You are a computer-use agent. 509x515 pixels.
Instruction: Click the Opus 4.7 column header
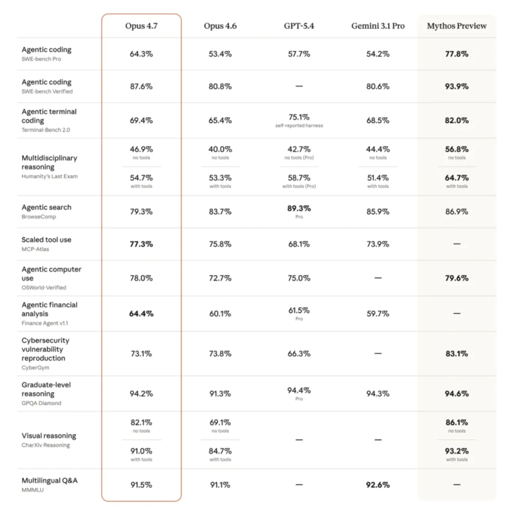click(141, 26)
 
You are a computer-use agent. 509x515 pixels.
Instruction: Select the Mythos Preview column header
click(456, 26)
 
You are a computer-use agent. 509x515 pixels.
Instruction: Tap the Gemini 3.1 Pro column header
click(378, 26)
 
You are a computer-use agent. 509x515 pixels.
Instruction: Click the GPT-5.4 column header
click(299, 26)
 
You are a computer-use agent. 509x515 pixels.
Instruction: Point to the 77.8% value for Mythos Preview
click(456, 53)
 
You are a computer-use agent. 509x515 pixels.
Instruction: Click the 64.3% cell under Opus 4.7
click(141, 53)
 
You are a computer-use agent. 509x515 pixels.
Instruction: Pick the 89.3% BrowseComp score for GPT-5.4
click(299, 208)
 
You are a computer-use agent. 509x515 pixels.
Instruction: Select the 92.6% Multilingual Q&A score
click(378, 485)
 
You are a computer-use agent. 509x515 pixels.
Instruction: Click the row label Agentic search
click(46, 207)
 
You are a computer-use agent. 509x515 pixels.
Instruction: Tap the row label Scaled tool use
click(46, 240)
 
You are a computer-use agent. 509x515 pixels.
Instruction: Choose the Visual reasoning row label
click(49, 436)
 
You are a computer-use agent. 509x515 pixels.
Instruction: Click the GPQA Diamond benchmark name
click(41, 403)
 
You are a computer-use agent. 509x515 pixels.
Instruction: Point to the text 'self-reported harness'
click(299, 126)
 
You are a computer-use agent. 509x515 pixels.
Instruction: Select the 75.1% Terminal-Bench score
click(299, 117)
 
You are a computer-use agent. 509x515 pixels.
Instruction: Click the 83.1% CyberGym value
click(456, 353)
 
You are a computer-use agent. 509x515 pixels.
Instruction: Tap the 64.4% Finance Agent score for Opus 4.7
click(141, 313)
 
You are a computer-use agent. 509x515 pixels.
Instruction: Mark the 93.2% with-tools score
click(456, 451)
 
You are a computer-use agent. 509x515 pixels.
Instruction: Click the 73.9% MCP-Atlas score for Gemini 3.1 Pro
click(378, 244)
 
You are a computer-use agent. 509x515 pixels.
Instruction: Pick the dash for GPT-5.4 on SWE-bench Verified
click(299, 86)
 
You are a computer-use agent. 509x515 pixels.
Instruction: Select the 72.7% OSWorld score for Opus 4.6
click(220, 278)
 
